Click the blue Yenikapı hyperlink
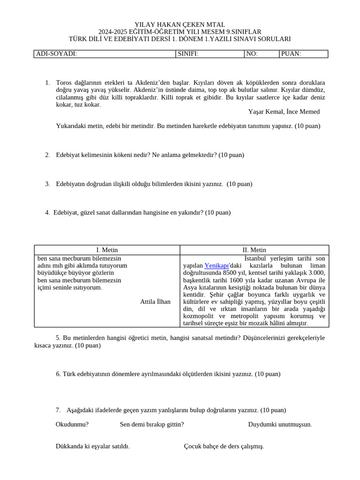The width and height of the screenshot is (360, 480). [216, 265]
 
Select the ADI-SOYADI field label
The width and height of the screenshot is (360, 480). [57, 54]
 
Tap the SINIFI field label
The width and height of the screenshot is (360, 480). [188, 54]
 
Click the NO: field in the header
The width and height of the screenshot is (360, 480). [252, 54]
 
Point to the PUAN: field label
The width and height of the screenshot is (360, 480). [291, 54]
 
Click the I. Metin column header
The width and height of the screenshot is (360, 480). [107, 250]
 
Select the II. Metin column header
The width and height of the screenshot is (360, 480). [254, 250]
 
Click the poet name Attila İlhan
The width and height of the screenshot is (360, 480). [155, 301]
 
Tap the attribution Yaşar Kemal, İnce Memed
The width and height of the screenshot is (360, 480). [284, 112]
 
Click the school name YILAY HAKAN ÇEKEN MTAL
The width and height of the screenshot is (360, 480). [180, 24]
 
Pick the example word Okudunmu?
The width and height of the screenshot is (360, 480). [72, 425]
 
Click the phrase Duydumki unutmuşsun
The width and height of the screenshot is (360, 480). [280, 425]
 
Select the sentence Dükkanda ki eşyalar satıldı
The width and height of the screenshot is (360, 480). [92, 446]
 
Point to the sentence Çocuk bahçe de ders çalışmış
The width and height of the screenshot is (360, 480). [224, 446]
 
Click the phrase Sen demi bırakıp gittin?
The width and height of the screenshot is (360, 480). [152, 425]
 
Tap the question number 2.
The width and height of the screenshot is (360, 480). [47, 155]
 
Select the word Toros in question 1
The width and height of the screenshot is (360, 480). [64, 82]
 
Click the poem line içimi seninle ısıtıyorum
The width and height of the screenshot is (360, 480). [69, 287]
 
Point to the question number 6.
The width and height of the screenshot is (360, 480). [58, 374]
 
